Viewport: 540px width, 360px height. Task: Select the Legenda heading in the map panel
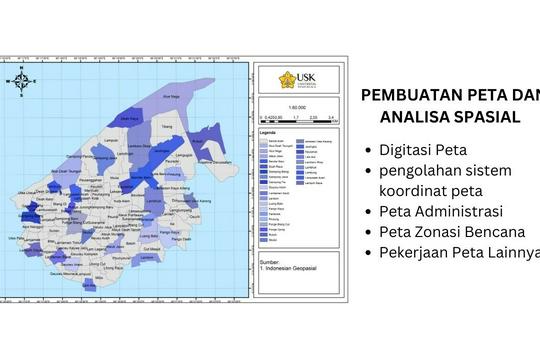click(269, 131)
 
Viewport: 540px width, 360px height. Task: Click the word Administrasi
click(460, 211)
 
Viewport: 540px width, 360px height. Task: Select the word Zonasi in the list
click(445, 231)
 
